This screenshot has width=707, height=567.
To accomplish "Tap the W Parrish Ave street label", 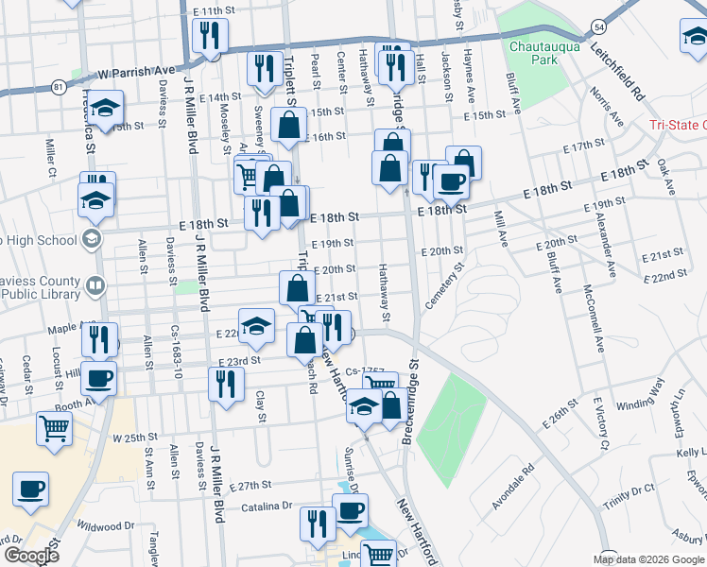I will [136, 72].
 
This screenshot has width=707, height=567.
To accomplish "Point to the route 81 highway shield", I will [60, 87].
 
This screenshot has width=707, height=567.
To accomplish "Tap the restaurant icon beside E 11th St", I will [207, 35].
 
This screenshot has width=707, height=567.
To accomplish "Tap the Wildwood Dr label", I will [106, 525].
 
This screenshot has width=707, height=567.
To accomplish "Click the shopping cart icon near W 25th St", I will [53, 427].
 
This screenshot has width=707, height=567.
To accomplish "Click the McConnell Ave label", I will [595, 318].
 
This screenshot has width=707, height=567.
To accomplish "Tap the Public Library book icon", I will [94, 284].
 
